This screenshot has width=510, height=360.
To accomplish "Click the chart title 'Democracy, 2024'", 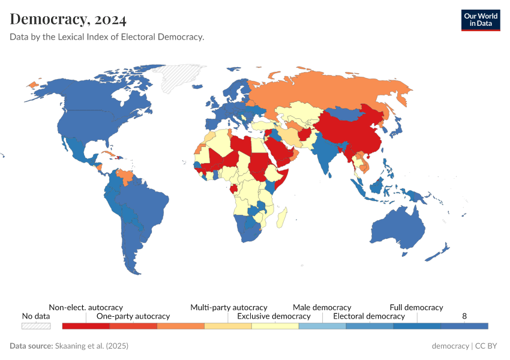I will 68,19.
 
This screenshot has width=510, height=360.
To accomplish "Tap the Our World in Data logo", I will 481,20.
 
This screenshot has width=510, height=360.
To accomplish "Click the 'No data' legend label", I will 36,316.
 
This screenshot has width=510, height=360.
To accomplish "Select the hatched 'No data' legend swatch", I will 36,326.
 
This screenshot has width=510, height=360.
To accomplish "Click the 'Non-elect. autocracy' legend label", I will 86,307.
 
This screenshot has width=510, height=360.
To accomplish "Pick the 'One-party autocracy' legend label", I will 133,316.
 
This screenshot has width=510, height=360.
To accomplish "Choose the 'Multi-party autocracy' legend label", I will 229,307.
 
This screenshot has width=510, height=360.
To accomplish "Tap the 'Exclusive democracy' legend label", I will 274,316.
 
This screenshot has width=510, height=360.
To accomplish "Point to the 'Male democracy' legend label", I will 322,307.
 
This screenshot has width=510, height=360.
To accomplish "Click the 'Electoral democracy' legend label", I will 369,316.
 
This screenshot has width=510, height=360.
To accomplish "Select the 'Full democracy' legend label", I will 416,307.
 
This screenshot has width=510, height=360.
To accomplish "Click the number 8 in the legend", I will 464,316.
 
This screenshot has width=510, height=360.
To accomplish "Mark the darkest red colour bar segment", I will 86,326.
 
